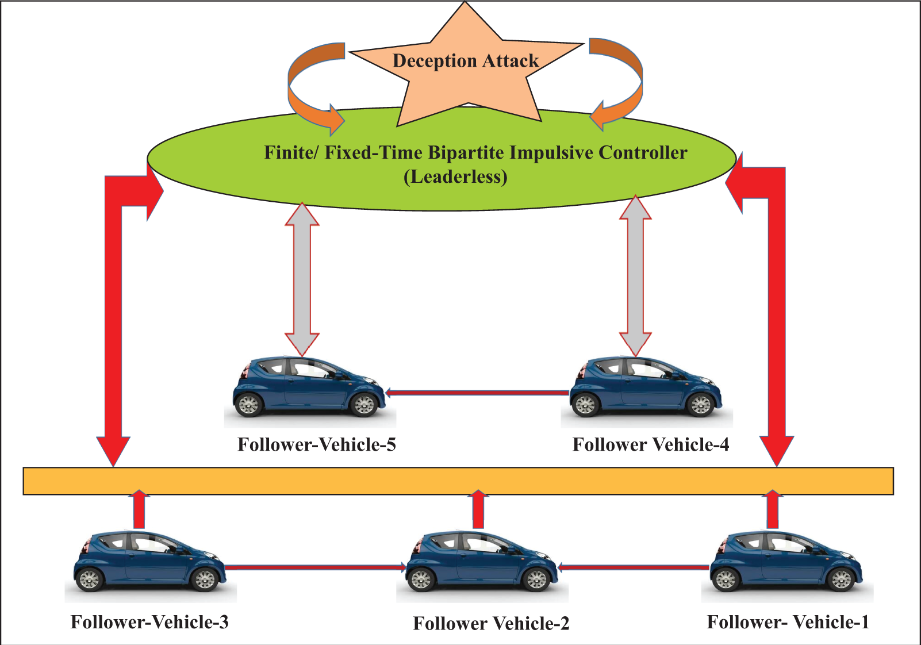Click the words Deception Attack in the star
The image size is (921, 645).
tap(466, 62)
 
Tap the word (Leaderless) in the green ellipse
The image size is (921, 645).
tap(455, 177)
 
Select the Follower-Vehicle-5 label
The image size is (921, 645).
tap(317, 444)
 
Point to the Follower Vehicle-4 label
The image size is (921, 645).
tap(651, 444)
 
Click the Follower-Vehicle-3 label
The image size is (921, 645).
tap(149, 622)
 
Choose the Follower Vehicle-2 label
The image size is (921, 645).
tap(492, 624)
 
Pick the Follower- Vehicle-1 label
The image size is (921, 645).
tap(788, 622)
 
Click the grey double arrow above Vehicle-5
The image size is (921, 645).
tap(302, 279)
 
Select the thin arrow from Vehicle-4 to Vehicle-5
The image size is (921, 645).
tap(477, 393)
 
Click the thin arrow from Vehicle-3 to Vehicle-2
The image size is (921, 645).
tap(316, 568)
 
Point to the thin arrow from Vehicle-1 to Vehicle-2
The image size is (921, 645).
tap(634, 568)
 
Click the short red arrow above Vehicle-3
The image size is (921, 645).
tap(139, 509)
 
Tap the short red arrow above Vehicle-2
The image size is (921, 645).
tap(478, 509)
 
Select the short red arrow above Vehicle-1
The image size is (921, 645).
tap(773, 509)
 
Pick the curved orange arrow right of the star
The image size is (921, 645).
tap(616, 85)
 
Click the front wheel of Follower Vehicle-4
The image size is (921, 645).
tap(701, 405)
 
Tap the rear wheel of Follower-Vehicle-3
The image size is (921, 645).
tap(89, 579)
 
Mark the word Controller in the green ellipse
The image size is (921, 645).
tap(643, 153)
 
